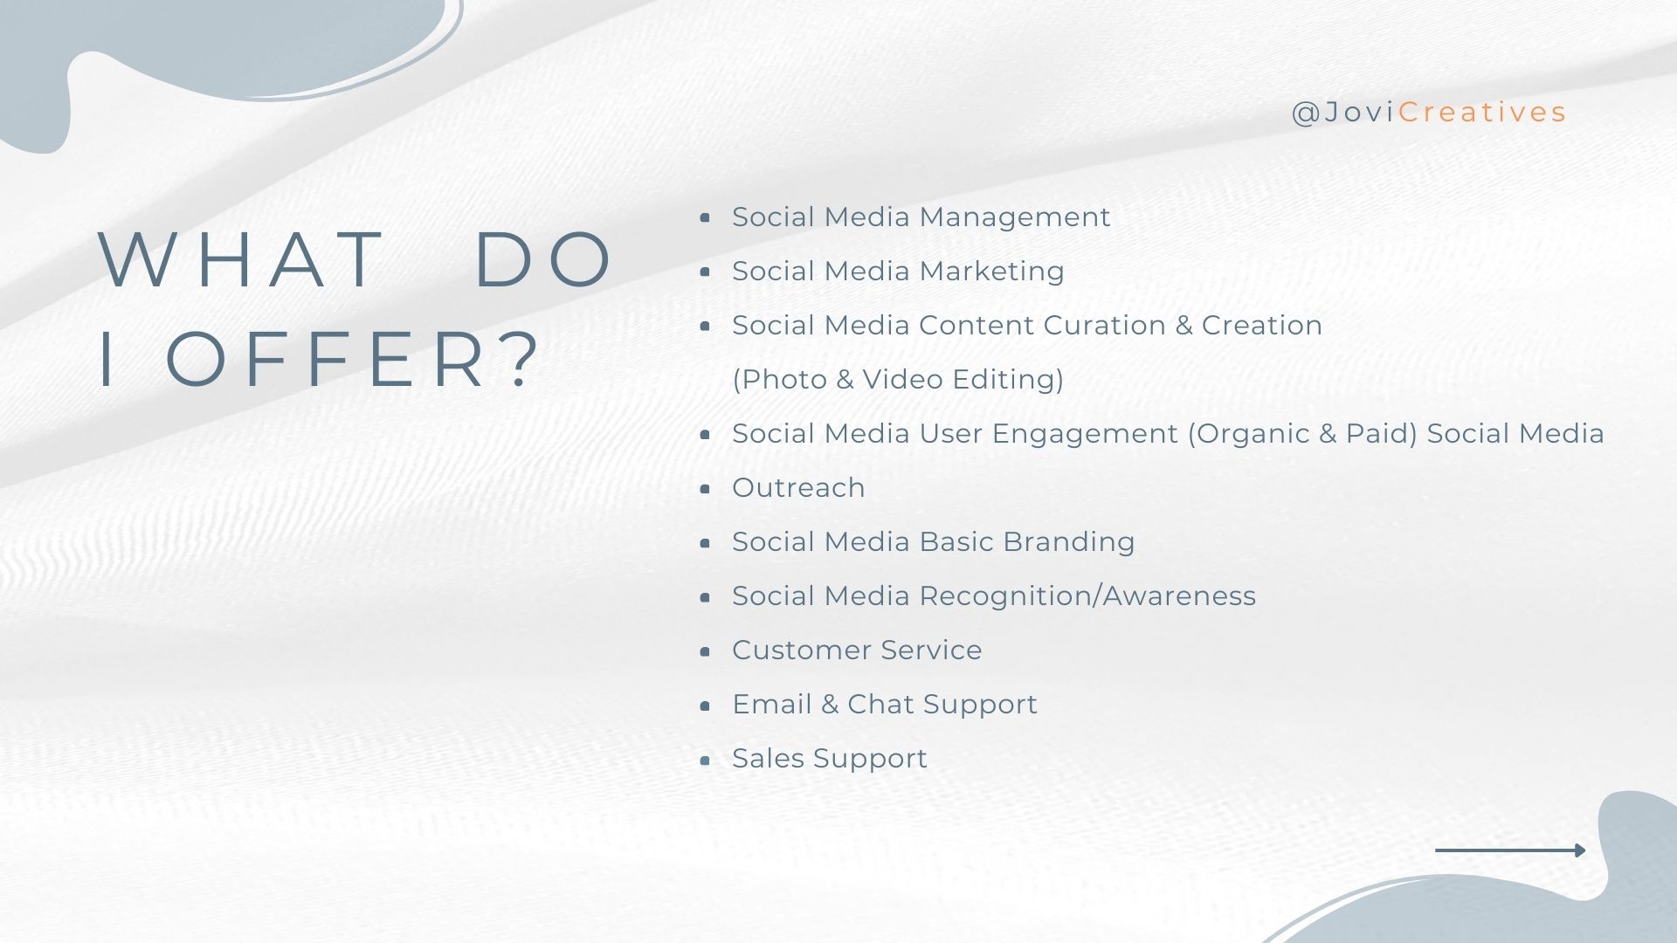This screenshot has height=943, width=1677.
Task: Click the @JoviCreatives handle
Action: click(1428, 113)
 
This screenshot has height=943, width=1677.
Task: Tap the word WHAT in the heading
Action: click(240, 259)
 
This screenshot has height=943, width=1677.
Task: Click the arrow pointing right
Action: click(1510, 850)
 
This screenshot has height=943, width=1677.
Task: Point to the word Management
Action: click(1015, 218)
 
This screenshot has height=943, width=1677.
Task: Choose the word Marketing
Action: click(992, 272)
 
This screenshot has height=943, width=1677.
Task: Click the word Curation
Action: click(1105, 325)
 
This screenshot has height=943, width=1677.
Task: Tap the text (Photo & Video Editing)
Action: click(898, 380)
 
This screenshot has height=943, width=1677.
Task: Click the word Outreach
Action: click(798, 487)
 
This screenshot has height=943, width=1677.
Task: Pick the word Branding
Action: click(1069, 543)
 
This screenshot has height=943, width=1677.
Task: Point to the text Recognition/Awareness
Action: click(1087, 596)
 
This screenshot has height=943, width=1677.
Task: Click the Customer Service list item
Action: click(857, 650)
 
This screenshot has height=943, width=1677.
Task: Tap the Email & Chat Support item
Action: click(885, 706)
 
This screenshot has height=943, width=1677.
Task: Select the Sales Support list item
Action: click(830, 760)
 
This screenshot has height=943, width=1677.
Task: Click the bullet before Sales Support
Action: click(706, 761)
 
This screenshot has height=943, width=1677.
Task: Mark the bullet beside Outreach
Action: click(706, 489)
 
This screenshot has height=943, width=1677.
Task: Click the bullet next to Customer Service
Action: click(706, 651)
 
